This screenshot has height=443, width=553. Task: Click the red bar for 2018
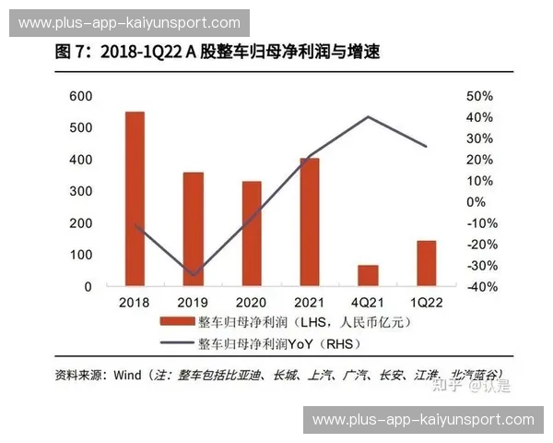(x=135, y=198)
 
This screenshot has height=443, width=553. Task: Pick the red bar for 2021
(x=310, y=221)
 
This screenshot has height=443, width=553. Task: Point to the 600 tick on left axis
(x=80, y=96)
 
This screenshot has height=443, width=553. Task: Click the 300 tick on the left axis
(x=80, y=191)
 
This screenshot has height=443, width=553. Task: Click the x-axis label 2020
(x=251, y=302)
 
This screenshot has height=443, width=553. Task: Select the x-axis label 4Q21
(x=368, y=302)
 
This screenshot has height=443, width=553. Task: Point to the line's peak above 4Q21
(x=369, y=117)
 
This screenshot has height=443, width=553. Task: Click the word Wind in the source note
(x=128, y=374)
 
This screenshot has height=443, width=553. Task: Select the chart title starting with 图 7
(x=217, y=53)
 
